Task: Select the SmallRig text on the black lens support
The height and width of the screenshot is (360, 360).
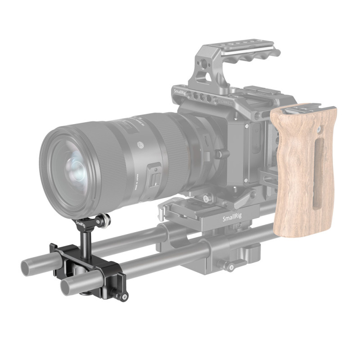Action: pos(81,224)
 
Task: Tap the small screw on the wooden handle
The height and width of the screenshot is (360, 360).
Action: pos(319,131)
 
